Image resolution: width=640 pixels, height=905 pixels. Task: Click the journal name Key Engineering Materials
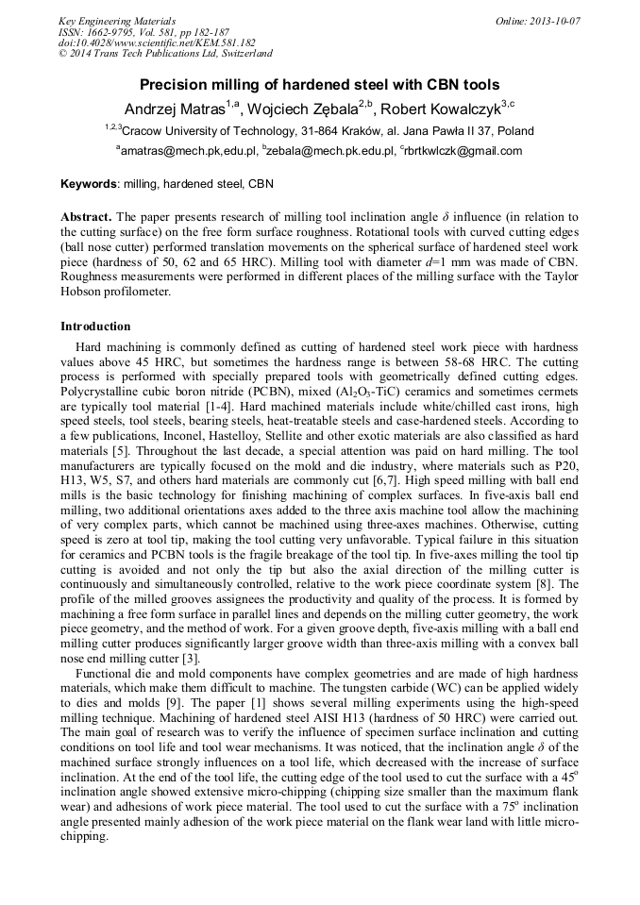(x=117, y=20)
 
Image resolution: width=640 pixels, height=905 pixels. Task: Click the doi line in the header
(x=157, y=42)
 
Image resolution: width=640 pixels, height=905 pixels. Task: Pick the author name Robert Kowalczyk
(x=442, y=108)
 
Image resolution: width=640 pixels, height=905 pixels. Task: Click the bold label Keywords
(x=89, y=184)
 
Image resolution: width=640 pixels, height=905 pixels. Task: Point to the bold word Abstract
(x=87, y=216)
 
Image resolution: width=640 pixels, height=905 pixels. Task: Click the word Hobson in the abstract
(x=82, y=292)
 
